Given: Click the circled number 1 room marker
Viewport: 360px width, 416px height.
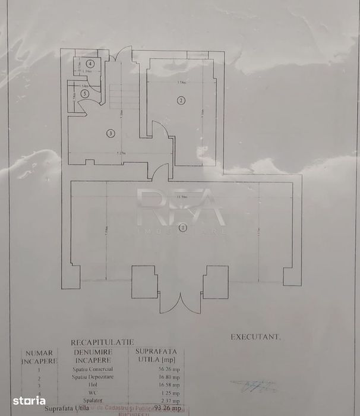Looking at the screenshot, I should [x=183, y=227].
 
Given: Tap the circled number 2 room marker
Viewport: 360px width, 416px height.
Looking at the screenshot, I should [x=181, y=100].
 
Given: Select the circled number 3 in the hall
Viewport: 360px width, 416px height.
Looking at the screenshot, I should [x=110, y=134].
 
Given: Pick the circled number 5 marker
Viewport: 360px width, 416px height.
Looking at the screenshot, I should [x=86, y=93].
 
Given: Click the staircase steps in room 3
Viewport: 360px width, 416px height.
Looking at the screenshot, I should [x=119, y=95].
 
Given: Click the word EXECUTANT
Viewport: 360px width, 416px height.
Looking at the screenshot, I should [x=255, y=336].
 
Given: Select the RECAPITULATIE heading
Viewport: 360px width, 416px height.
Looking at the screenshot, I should [x=102, y=342].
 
